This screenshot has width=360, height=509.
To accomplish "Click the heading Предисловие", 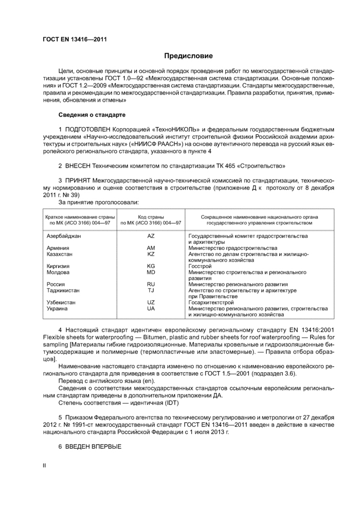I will pyautogui.click(x=188, y=56).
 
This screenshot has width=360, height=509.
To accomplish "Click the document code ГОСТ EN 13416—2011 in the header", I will pyautogui.click(x=75, y=39).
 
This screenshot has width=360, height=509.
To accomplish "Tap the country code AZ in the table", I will pyautogui.click(x=151, y=236).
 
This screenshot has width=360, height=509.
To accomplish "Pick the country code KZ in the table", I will pyautogui.click(x=151, y=254).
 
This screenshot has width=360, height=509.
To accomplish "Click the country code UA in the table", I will pyautogui.click(x=151, y=308).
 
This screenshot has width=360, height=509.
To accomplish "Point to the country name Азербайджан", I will pyautogui.click(x=64, y=236).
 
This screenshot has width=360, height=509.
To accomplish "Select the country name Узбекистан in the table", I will pyautogui.click(x=61, y=302).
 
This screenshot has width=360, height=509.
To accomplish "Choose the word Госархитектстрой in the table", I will pyautogui.click(x=211, y=302).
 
